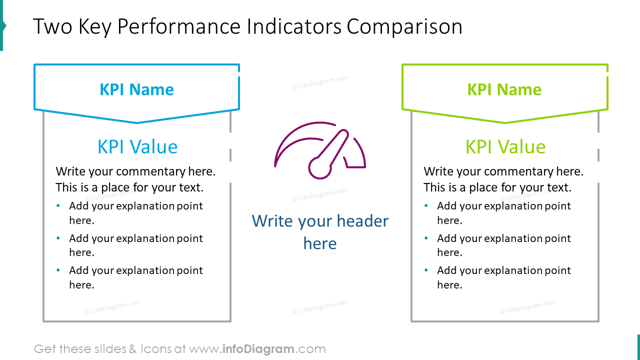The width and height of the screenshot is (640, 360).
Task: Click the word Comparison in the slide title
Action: [x=404, y=27]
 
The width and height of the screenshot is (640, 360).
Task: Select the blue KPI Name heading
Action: [x=136, y=89]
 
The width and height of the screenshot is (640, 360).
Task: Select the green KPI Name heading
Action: [x=504, y=89]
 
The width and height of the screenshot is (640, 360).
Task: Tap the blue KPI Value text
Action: [x=137, y=146]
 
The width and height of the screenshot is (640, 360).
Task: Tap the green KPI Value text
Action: [x=505, y=146]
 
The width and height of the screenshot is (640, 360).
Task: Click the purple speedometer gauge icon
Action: [x=320, y=150]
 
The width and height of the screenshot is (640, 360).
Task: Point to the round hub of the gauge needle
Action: [x=320, y=167]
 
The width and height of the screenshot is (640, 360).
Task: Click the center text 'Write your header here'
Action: [x=320, y=232]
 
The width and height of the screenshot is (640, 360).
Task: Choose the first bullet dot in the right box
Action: [x=426, y=205]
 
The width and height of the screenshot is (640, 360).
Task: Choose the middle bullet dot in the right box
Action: [x=426, y=238]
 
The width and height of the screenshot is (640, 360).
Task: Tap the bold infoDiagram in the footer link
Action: [x=258, y=349]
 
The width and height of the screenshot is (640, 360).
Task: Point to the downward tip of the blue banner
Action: [x=136, y=122]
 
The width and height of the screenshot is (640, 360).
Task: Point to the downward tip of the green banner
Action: [x=504, y=122]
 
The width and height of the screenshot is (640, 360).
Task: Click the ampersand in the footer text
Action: [x=132, y=349]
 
